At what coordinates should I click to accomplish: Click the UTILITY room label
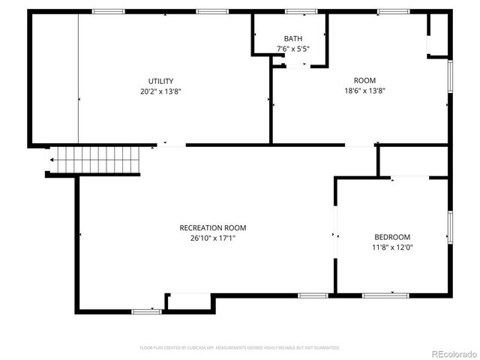point(160,81)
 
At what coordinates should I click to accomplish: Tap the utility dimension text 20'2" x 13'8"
point(160,91)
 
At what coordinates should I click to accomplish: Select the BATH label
point(292,38)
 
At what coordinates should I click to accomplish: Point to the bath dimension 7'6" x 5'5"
point(292,49)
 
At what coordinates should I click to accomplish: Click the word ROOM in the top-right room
point(364,80)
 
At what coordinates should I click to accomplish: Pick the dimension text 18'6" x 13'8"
point(364,91)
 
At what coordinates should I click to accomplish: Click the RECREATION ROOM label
point(212,227)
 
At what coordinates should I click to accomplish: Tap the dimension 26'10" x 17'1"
point(212,238)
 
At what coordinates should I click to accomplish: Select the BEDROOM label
point(391,237)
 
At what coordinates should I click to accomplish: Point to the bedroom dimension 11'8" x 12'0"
point(391,247)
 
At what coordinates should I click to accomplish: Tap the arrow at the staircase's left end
point(52,160)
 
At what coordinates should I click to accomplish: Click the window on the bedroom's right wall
point(450,226)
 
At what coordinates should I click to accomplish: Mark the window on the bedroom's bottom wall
point(385,295)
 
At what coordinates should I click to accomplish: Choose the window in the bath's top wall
point(301,11)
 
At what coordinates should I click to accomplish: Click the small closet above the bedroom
point(412,160)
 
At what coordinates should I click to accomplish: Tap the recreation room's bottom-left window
point(146,311)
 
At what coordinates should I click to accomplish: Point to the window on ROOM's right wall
point(450,77)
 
